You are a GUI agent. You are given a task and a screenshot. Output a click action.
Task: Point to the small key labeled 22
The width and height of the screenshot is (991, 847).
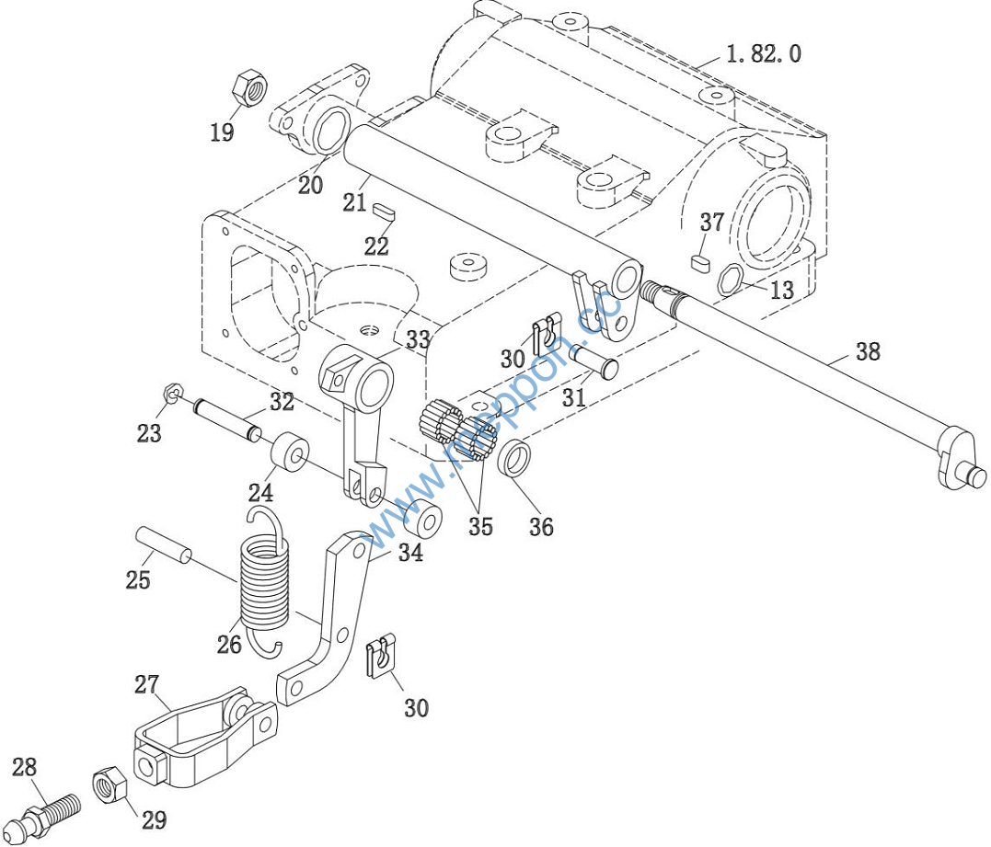point(385,210)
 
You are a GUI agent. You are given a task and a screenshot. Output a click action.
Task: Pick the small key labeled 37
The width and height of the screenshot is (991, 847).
point(701,260)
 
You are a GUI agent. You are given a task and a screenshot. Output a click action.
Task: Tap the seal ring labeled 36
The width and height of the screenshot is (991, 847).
point(515,458)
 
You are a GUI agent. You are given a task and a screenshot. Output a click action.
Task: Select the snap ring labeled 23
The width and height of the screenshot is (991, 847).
point(171,394)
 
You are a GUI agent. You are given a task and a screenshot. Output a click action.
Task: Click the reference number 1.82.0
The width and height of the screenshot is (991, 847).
point(764,53)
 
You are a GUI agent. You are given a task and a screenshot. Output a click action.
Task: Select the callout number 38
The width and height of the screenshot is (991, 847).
point(867,351)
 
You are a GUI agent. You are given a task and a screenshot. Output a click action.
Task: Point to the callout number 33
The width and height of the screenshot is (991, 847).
point(418,339)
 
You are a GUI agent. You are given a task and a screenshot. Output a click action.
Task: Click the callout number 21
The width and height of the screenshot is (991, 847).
point(355,202)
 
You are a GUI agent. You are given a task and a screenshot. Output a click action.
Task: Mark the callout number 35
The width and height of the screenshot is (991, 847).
point(480,527)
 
